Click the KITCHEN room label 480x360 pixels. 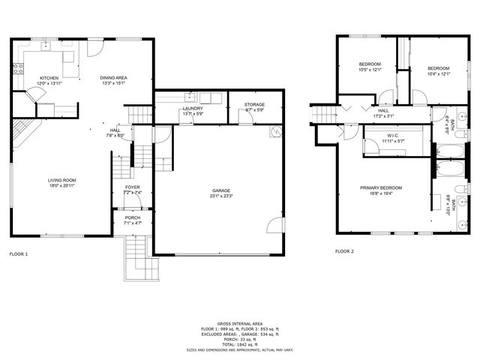(x=49, y=78)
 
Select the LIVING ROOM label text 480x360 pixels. (x=62, y=180)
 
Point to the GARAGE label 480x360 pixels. (x=220, y=190)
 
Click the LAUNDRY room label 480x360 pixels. (x=193, y=109)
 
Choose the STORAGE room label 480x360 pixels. (x=255, y=104)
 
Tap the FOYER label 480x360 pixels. (x=132, y=187)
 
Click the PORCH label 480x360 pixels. (x=132, y=217)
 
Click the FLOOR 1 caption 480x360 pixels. (x=19, y=253)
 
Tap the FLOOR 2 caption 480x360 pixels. (x=344, y=251)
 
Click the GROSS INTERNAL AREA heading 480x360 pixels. (x=240, y=324)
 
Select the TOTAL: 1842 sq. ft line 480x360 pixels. (x=240, y=343)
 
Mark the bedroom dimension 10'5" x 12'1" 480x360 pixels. (x=370, y=69)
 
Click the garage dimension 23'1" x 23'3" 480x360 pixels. (x=220, y=196)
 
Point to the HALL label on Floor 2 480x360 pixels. (x=382, y=110)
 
